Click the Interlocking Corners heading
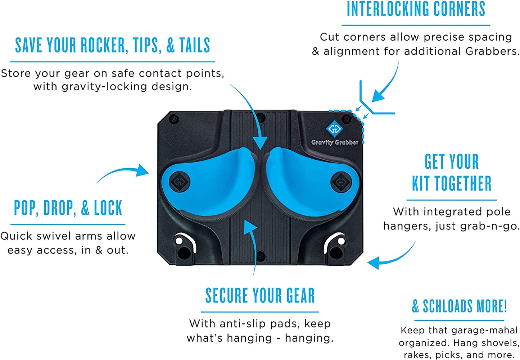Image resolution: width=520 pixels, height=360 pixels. point(416,9)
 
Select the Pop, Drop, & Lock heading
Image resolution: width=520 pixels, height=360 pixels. point(68,208)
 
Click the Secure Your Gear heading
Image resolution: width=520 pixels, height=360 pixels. point(260,295)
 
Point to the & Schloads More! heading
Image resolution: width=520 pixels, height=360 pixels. point(459,306)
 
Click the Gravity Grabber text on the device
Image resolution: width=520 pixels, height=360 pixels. point(335,142)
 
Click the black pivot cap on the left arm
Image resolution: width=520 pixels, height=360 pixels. point(180,181)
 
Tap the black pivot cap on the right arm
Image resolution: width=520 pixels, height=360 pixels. point(341,182)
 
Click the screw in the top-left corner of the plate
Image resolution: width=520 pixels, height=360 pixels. point(174,119)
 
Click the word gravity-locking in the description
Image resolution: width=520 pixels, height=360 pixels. point(104,87)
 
